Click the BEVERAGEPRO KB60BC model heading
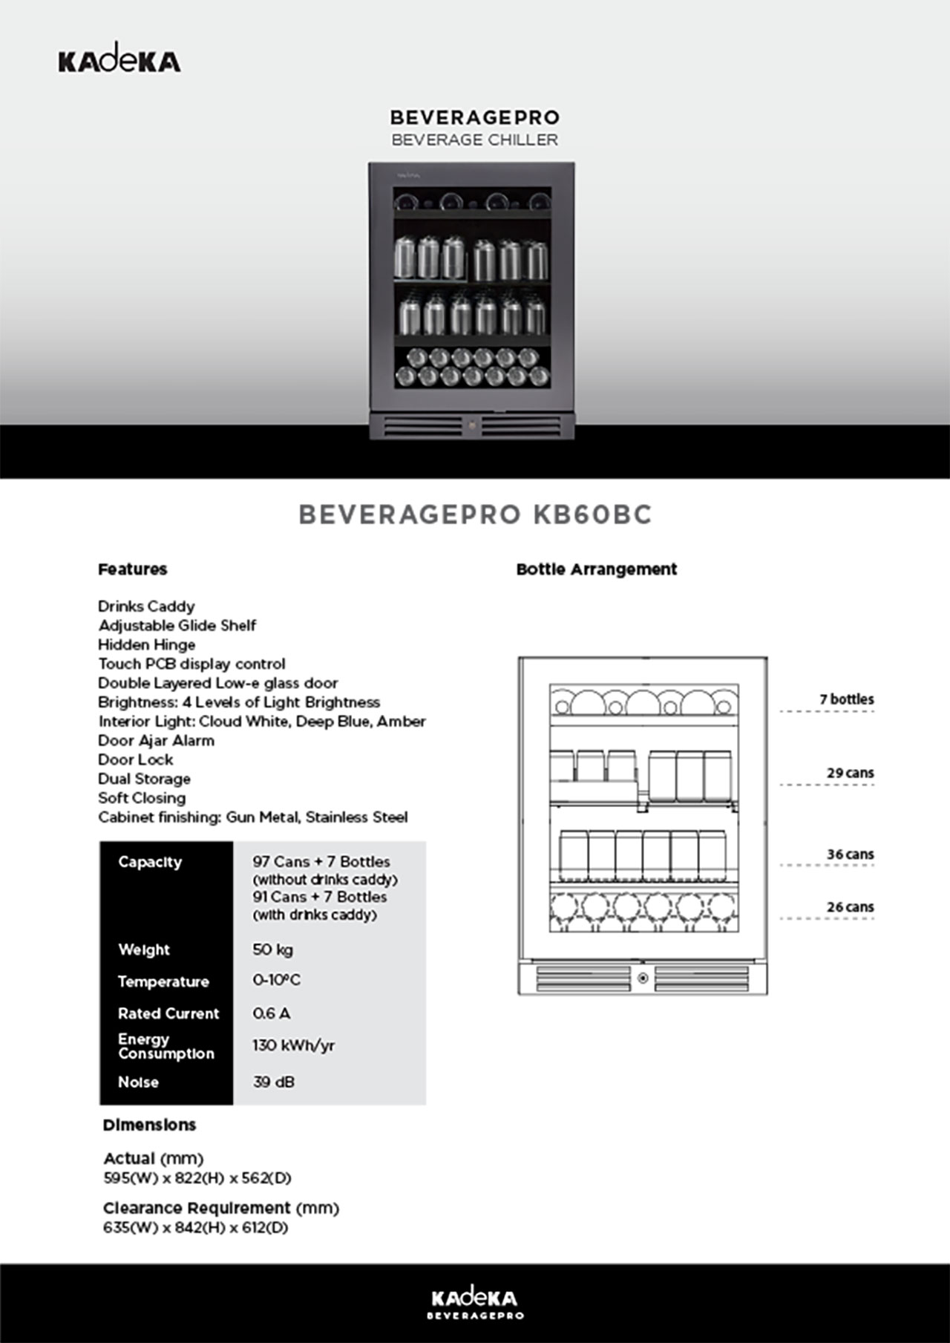pyautogui.click(x=475, y=514)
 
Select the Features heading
pyautogui.click(x=133, y=569)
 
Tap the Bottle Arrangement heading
pyautogui.click(x=597, y=569)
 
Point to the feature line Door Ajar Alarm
pyautogui.click(x=156, y=740)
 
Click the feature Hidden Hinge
pyautogui.click(x=147, y=644)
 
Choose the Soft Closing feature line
pyautogui.click(x=142, y=798)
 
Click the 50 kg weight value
pyautogui.click(x=272, y=950)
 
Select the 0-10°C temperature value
pyautogui.click(x=276, y=980)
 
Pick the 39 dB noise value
pyautogui.click(x=273, y=1082)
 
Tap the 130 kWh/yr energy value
pyautogui.click(x=293, y=1045)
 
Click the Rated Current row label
pyautogui.click(x=168, y=1013)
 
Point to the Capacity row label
pyautogui.click(x=150, y=862)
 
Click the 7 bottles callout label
pyautogui.click(x=846, y=699)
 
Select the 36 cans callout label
pyautogui.click(x=850, y=855)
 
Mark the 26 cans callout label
pyautogui.click(x=850, y=907)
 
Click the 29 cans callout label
pyautogui.click(x=850, y=773)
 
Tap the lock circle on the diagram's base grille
pyautogui.click(x=643, y=978)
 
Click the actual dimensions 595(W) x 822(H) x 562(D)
pyautogui.click(x=197, y=1178)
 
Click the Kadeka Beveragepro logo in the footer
pyautogui.click(x=475, y=1304)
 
